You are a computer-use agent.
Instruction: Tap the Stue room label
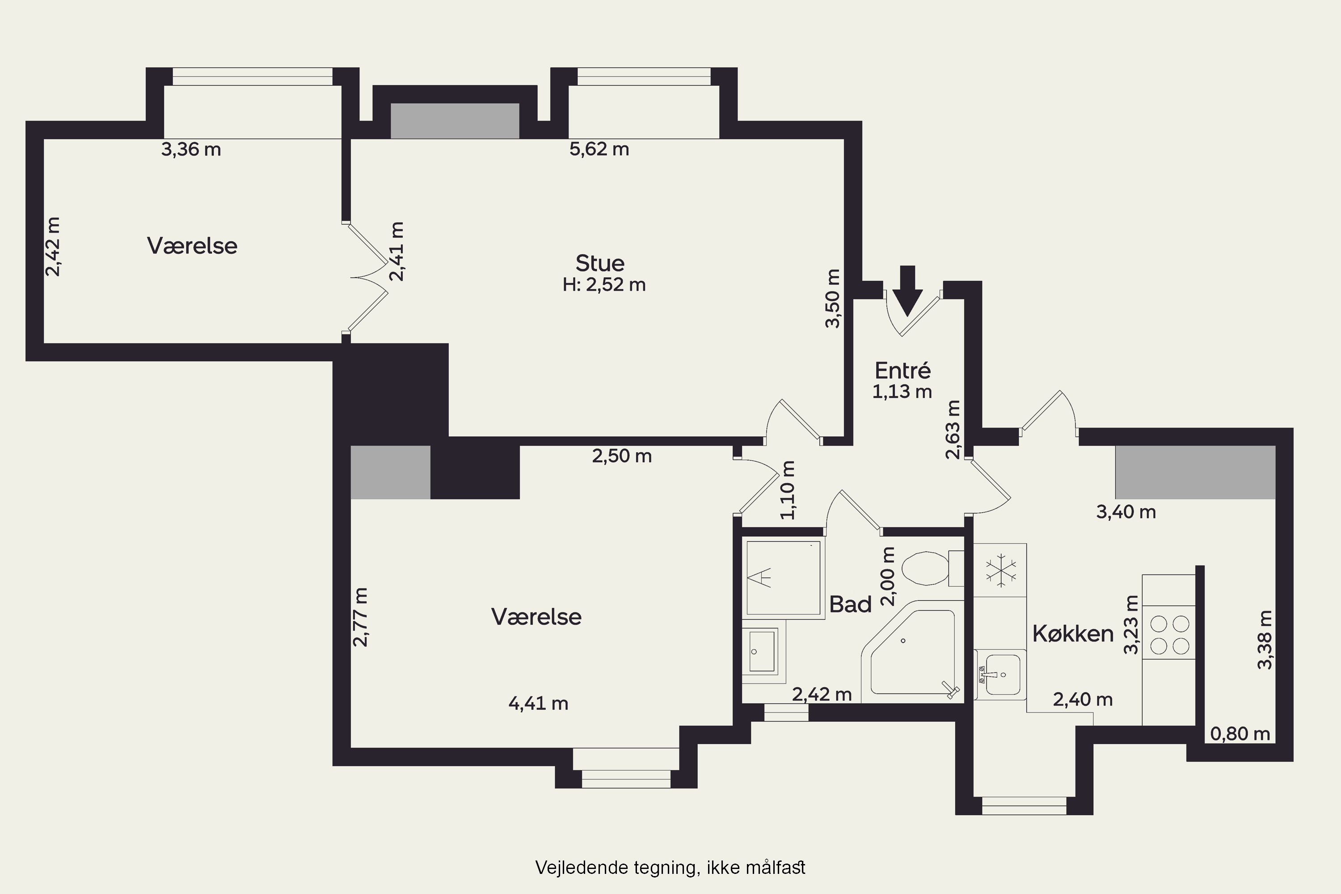tap(600, 263)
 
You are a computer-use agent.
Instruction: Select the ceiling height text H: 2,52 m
tap(604, 284)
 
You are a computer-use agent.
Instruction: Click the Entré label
tap(902, 371)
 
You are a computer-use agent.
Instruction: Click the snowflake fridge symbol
tap(1001, 571)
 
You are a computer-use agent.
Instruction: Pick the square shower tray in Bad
tap(784, 578)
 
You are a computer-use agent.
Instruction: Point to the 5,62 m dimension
tap(599, 149)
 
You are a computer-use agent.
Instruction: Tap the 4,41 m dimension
tap(538, 704)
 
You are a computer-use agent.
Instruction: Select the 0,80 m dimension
tap(1240, 734)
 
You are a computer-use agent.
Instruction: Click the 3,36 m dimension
tap(191, 149)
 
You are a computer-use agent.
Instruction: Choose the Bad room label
tap(850, 604)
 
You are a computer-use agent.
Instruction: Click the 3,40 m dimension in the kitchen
tap(1126, 512)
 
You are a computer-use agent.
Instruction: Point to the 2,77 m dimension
tap(360, 617)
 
